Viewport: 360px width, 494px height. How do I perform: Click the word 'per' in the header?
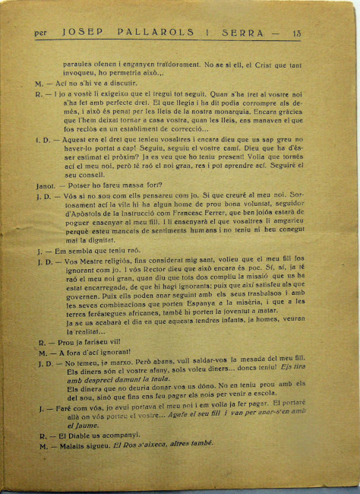pos(41,33)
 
